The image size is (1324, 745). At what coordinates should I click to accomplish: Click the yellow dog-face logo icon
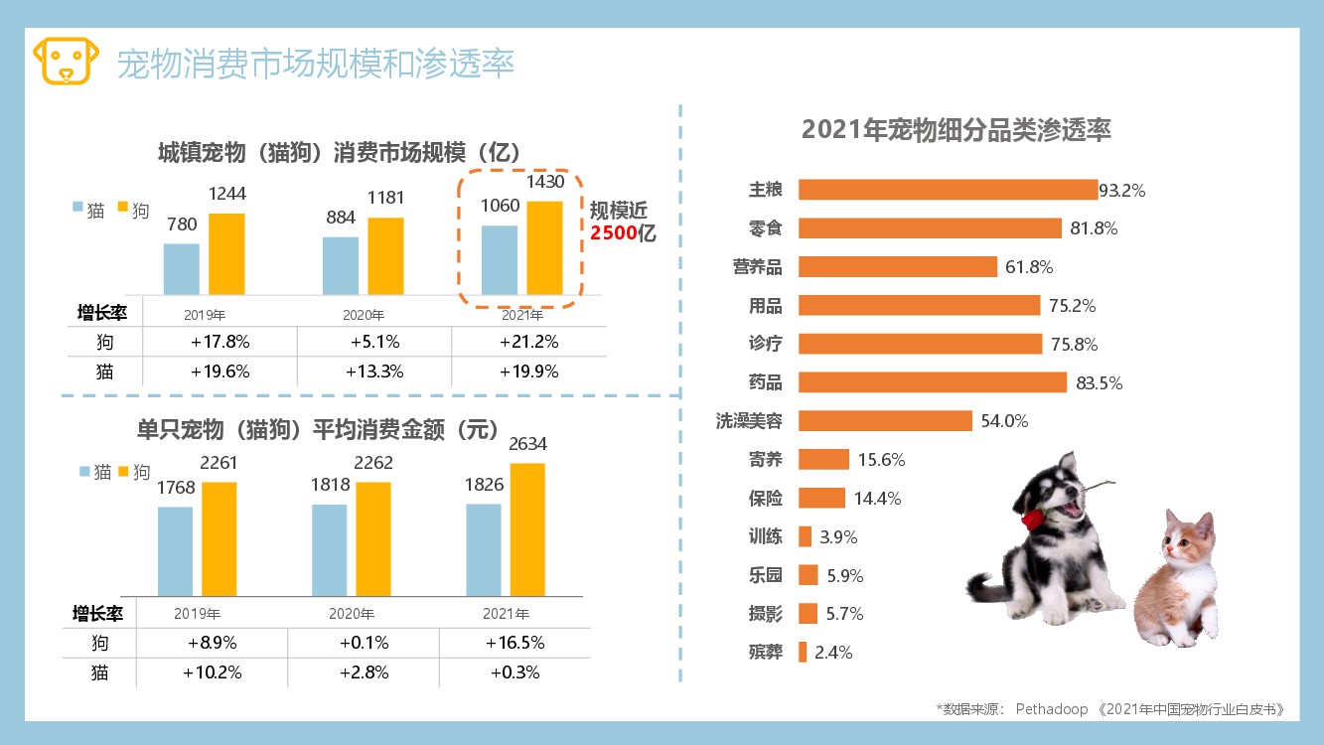(67, 62)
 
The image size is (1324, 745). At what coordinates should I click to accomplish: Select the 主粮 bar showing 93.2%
(948, 190)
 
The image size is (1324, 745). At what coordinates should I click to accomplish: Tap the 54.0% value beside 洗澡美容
(1004, 421)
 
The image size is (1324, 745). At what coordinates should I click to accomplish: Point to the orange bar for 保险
(821, 499)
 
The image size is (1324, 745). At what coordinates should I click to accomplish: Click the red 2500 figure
(614, 234)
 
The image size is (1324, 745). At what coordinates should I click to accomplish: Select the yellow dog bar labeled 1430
(544, 247)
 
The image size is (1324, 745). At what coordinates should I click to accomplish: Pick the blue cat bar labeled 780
(182, 268)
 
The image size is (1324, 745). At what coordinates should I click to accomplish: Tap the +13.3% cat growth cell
(374, 372)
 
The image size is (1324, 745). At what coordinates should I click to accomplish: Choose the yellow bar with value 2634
(527, 528)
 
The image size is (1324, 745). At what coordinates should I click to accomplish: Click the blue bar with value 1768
(175, 550)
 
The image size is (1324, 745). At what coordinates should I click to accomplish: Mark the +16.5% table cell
(515, 643)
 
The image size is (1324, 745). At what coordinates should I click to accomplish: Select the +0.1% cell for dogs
(364, 643)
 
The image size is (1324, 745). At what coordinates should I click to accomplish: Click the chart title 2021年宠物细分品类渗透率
(956, 130)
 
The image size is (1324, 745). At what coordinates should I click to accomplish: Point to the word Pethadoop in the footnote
(1053, 709)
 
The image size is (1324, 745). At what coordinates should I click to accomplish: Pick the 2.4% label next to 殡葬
(833, 653)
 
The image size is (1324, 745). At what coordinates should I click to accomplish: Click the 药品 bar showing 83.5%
(932, 382)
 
